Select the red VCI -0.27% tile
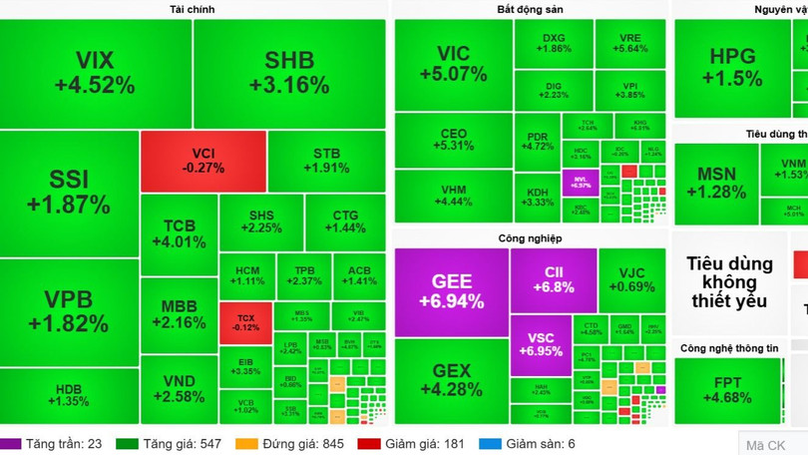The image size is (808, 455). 203,161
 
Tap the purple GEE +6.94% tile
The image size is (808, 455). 452,291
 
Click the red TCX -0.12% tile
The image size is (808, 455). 245,322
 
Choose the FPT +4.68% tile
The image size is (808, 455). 727,390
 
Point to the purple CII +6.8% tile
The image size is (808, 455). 554,279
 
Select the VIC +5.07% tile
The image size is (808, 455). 453,64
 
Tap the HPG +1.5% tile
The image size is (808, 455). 732,68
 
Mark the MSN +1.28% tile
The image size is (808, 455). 715,184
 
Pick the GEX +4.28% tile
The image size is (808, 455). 451,380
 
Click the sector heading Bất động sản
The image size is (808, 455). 530,9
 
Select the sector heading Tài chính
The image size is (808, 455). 193,9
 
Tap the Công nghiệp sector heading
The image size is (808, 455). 530,238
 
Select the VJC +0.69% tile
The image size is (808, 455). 631,280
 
